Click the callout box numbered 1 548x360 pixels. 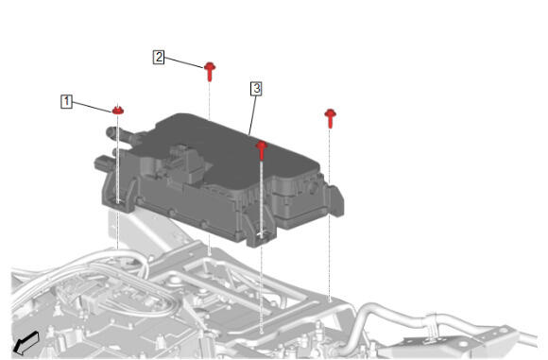pyautogui.click(x=66, y=101)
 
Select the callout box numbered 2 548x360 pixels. pyautogui.click(x=159, y=57)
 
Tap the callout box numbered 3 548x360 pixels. pyautogui.click(x=257, y=89)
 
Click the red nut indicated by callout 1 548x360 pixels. pyautogui.click(x=118, y=111)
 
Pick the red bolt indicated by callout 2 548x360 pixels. pyautogui.click(x=210, y=71)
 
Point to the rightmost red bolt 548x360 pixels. pyautogui.click(x=331, y=118)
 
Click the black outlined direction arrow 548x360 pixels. pyautogui.click(x=26, y=343)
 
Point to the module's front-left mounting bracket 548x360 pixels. pyautogui.click(x=119, y=192)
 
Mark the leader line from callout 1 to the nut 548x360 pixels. pyautogui.click(x=93, y=107)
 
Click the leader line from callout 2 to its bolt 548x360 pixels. pyautogui.click(x=184, y=62)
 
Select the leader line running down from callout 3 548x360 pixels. pyautogui.click(x=252, y=115)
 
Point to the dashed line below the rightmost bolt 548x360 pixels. pyautogui.click(x=330, y=214)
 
